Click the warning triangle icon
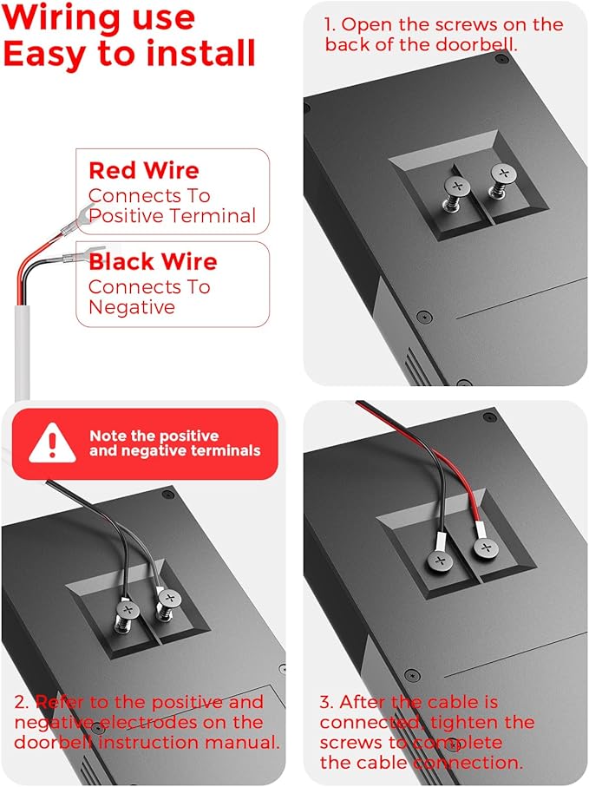[x=52, y=443]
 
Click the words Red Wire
[x=144, y=171]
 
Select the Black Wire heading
[x=153, y=261]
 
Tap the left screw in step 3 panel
[x=440, y=561]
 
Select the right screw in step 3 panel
[x=485, y=548]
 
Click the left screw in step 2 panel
[x=128, y=617]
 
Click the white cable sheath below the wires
[x=22, y=352]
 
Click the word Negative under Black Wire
[x=132, y=307]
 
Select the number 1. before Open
[x=330, y=24]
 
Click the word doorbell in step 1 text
[x=475, y=44]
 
